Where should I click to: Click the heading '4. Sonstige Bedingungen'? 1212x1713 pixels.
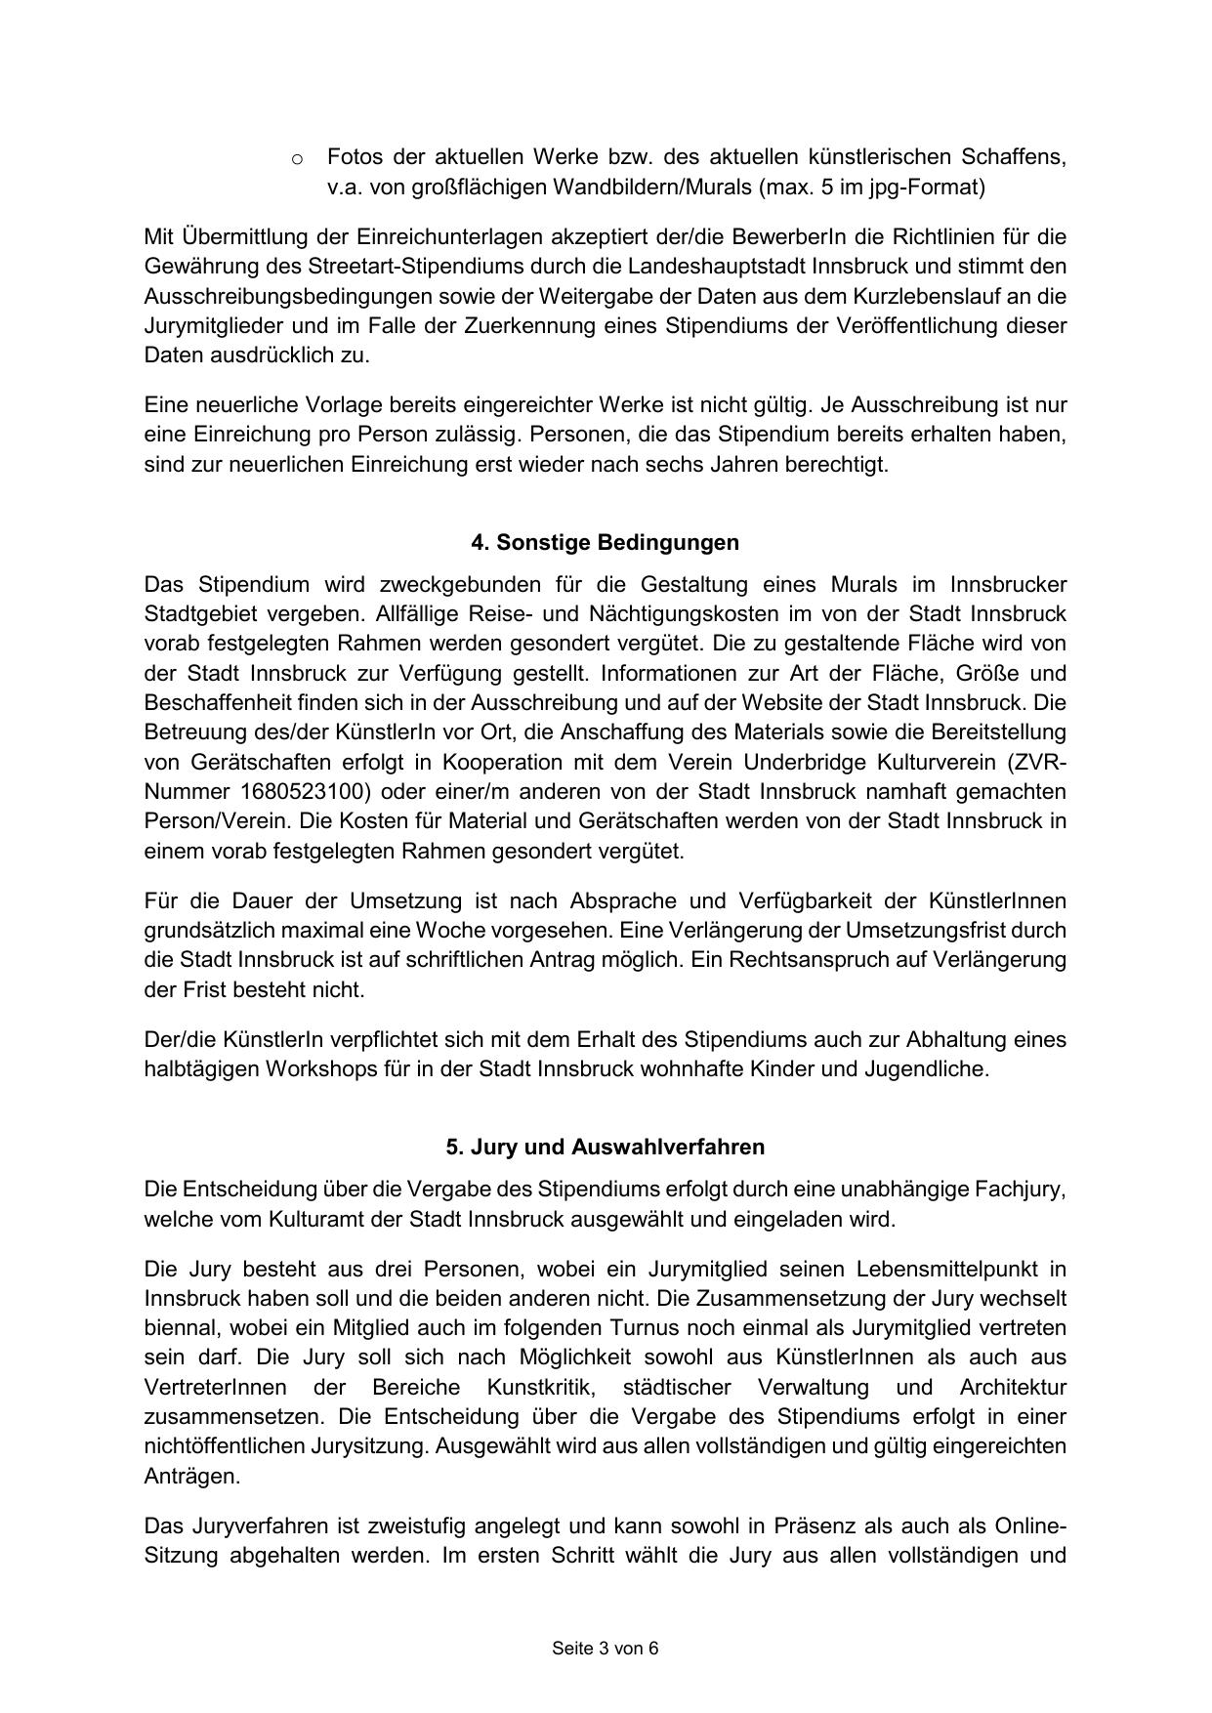click(x=605, y=542)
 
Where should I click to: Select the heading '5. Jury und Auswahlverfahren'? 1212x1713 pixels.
click(x=605, y=1147)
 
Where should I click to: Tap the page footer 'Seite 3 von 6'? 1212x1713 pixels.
click(x=605, y=1649)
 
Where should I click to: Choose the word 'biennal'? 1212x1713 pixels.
click(x=179, y=1328)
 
